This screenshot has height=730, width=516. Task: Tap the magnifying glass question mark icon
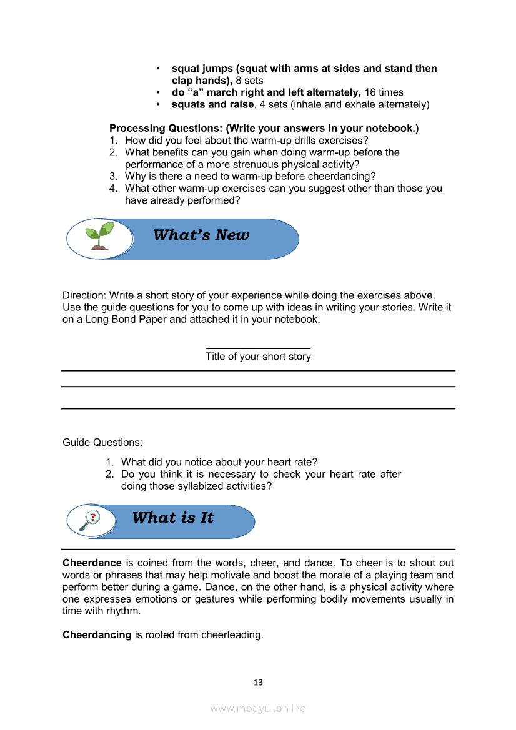(91, 520)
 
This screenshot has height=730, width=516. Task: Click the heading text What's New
(201, 235)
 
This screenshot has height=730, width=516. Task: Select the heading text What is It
(173, 518)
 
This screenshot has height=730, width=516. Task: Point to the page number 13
(258, 683)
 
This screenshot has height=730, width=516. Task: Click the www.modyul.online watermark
(258, 708)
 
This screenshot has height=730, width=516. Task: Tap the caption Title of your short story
(258, 357)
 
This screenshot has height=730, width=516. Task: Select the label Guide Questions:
(102, 443)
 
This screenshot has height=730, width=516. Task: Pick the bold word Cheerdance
(92, 563)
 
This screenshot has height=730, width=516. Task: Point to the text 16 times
(384, 92)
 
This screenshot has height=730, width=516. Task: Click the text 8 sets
(249, 81)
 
